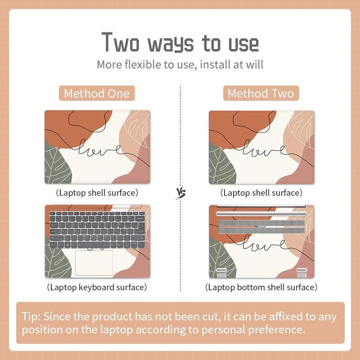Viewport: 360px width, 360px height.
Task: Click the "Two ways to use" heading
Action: [180, 42]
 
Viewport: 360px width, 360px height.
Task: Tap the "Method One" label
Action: [97, 94]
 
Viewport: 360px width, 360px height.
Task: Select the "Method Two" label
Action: [261, 94]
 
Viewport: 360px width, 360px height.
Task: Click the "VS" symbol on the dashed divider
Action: [181, 193]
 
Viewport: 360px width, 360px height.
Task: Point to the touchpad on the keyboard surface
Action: [94, 263]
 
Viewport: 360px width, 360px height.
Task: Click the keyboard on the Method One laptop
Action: [97, 229]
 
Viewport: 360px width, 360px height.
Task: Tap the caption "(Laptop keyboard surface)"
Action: [97, 287]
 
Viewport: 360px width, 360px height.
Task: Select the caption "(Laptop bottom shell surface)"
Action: [261, 287]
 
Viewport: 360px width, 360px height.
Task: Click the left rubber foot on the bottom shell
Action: [221, 272]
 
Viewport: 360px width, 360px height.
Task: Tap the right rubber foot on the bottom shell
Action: [301, 272]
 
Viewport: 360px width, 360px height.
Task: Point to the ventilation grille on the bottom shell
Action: [261, 227]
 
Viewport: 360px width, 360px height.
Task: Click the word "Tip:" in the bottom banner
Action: [31, 317]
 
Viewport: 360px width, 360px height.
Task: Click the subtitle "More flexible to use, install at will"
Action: [180, 64]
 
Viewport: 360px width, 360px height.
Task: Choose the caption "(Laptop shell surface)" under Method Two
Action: [261, 193]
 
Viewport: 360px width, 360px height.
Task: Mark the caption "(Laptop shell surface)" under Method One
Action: [97, 193]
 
